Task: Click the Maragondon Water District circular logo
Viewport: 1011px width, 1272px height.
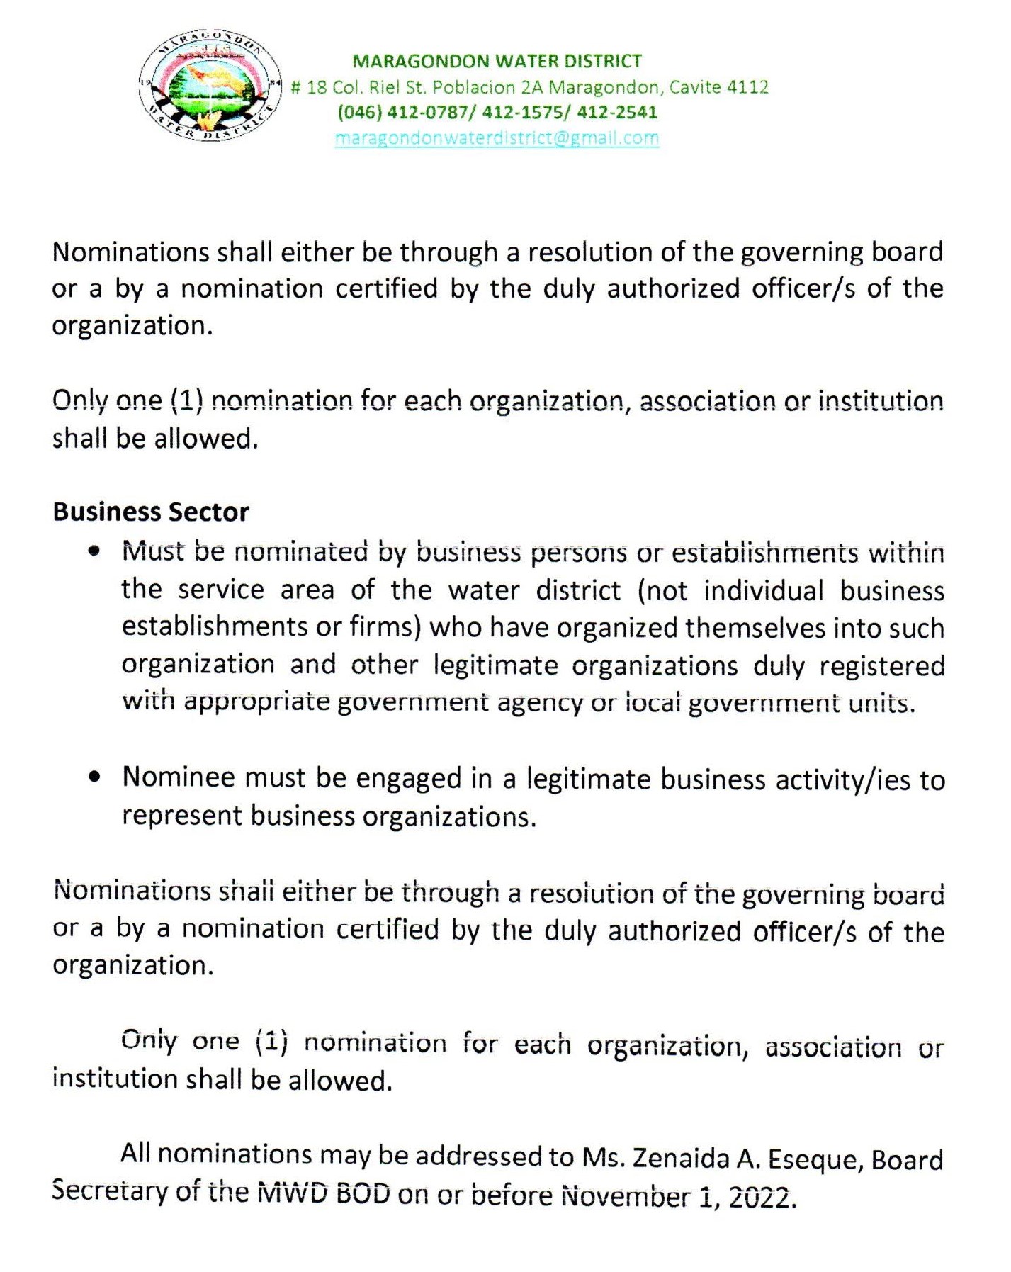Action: [210, 87]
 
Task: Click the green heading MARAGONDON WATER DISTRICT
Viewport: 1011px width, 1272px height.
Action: [497, 61]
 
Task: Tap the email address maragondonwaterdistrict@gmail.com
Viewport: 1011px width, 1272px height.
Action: [497, 137]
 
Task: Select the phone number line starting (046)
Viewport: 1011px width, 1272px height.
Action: [497, 112]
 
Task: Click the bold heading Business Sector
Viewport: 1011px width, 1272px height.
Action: [151, 512]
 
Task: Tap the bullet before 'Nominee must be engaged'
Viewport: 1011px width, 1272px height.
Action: [94, 777]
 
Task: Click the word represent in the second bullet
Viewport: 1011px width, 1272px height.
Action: [182, 816]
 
